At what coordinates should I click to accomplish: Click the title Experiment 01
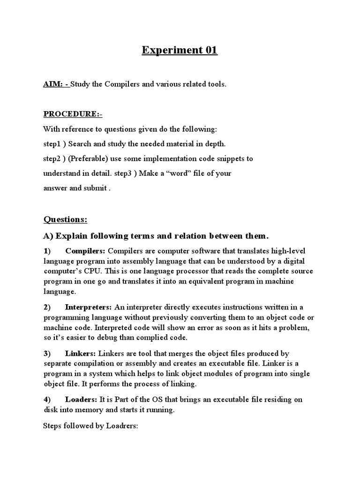pos(180,50)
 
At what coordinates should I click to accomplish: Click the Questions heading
pos(65,219)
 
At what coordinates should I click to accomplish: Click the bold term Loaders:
pos(81,399)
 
